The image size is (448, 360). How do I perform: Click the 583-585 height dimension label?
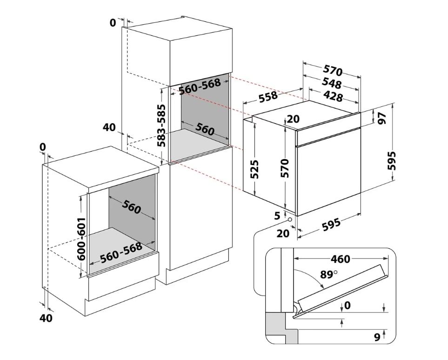tap(161, 125)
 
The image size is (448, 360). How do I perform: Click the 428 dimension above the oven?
tap(333, 96)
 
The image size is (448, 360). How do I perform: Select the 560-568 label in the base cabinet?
tap(121, 252)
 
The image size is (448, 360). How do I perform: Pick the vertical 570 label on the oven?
tap(285, 168)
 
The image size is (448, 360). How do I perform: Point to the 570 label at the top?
tap(333, 70)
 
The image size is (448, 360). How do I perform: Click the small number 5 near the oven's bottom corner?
tap(278, 215)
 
